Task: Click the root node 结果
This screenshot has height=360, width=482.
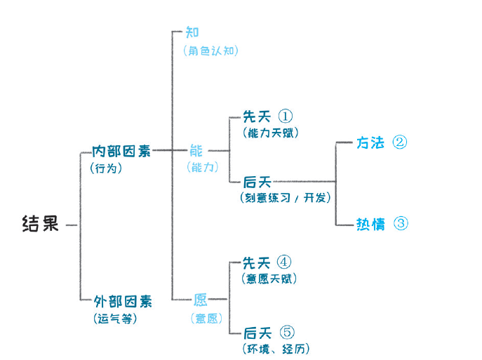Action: point(40,223)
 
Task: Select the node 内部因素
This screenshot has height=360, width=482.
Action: point(121,151)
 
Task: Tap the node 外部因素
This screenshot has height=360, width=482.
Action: point(123,301)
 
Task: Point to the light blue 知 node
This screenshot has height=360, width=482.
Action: point(192,32)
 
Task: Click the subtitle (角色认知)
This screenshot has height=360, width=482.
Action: point(210,51)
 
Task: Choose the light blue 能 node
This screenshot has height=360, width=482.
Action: point(196,151)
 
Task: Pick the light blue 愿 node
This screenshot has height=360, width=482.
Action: point(200,300)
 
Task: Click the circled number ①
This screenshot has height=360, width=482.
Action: point(286,116)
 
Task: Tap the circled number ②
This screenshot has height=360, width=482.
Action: point(400,142)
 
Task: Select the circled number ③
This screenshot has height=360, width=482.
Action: point(401,223)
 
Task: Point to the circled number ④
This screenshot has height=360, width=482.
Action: point(283,262)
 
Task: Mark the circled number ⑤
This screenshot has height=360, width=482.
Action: point(287,332)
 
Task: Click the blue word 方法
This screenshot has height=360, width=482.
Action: point(370,142)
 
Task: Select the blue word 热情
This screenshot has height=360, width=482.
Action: point(370,224)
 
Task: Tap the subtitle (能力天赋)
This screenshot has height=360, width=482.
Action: point(271,133)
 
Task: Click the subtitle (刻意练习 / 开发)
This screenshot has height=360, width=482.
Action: point(286,198)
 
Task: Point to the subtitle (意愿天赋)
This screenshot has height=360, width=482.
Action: point(269,279)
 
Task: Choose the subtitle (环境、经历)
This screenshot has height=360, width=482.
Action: point(276,349)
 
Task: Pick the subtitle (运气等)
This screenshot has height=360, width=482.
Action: point(115,318)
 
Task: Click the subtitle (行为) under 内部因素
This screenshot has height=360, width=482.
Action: point(106,168)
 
